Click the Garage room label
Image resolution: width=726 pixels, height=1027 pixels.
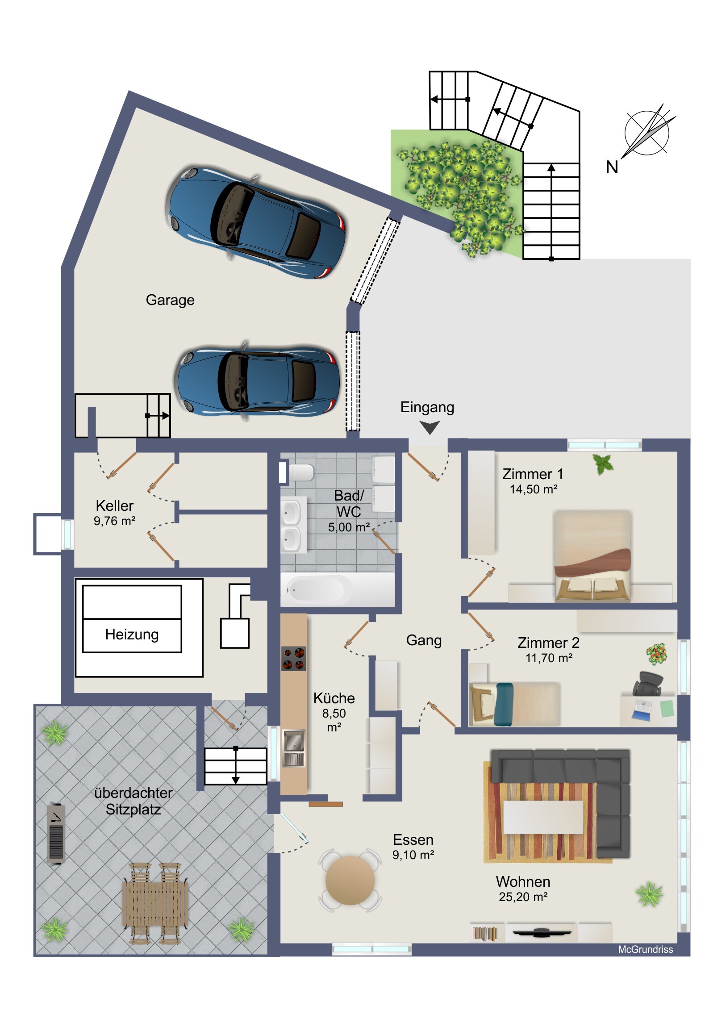(170, 300)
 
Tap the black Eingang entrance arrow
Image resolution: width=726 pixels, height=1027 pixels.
(430, 428)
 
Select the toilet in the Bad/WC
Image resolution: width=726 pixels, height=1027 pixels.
(296, 472)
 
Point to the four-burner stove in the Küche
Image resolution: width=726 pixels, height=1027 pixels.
(294, 659)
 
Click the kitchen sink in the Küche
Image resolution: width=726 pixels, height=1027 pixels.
(293, 747)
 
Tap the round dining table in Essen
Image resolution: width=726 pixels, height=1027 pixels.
(350, 880)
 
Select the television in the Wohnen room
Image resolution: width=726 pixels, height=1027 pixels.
(542, 932)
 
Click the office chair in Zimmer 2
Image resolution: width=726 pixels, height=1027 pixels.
(648, 684)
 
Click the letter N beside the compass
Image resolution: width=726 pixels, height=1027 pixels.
(612, 167)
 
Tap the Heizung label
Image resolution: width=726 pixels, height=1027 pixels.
(132, 635)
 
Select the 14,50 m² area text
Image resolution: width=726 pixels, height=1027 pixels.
(533, 489)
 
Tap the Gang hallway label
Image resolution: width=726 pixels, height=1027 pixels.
(424, 640)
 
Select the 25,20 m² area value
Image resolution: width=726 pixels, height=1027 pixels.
(523, 897)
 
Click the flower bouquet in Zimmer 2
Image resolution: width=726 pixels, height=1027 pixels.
(656, 654)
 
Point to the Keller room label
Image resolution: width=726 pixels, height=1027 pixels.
(114, 505)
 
